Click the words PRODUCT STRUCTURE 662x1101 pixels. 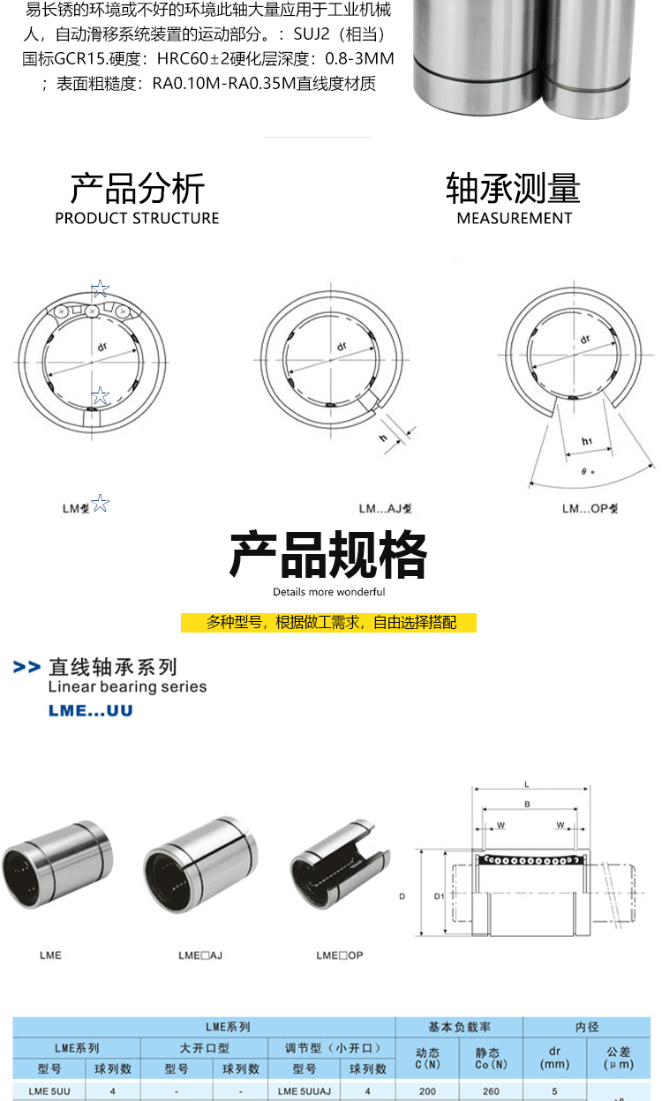point(137,218)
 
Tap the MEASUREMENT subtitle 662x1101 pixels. point(515,218)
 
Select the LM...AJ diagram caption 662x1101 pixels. point(385,508)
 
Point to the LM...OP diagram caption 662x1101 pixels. point(590,508)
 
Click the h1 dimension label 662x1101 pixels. point(586,441)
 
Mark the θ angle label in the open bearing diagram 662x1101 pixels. point(587,472)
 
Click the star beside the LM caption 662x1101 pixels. point(101,503)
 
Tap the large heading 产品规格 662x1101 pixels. point(328,555)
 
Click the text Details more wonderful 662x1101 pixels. point(329,592)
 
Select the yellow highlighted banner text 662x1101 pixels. point(329,622)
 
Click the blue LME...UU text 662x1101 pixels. point(90,710)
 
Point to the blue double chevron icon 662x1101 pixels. point(27,667)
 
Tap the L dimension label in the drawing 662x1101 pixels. point(526,784)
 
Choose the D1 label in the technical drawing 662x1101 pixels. point(439,896)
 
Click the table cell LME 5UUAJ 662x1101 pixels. point(304,1091)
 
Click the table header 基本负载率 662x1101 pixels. point(459,1027)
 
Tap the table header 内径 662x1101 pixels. point(586,1027)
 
